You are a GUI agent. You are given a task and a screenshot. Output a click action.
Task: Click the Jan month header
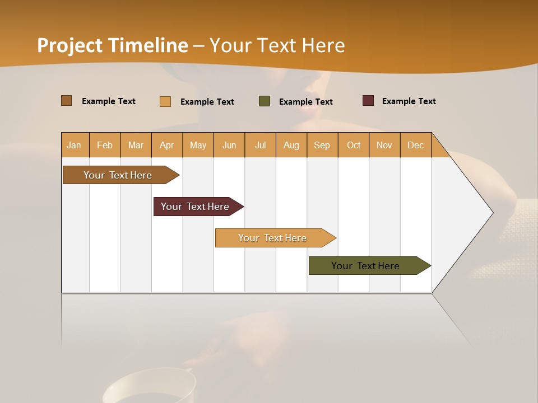click(x=74, y=145)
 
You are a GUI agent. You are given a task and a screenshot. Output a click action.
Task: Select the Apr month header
click(x=166, y=145)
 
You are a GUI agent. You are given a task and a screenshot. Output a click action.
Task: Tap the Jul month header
click(x=260, y=145)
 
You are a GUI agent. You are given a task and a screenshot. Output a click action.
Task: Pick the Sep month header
click(x=322, y=145)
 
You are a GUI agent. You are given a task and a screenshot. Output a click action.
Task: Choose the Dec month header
click(x=415, y=145)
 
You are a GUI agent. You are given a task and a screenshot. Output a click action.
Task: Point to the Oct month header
click(x=354, y=145)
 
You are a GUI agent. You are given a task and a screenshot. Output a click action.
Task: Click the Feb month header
click(x=105, y=145)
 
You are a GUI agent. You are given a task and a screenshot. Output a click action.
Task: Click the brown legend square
click(x=67, y=101)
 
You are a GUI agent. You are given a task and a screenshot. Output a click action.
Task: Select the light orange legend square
click(x=165, y=101)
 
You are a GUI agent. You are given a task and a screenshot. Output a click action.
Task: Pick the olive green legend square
click(x=265, y=101)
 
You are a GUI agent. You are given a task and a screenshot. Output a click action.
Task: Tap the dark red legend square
click(x=368, y=101)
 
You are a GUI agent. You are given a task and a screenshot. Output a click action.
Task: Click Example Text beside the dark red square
click(x=409, y=101)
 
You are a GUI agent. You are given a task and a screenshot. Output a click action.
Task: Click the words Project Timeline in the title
click(x=112, y=45)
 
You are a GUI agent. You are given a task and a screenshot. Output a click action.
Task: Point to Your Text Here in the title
click(x=277, y=45)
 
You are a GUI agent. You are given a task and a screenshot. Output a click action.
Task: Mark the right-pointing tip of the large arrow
click(x=492, y=213)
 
